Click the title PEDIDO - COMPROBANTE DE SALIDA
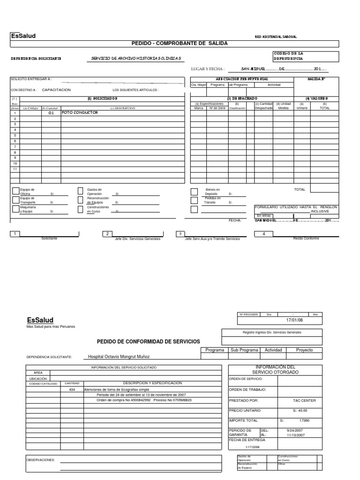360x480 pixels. click(179, 43)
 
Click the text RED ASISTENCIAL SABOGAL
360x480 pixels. click(276, 37)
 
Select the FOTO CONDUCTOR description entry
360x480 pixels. click(80, 112)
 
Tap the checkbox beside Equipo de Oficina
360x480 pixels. click(16, 191)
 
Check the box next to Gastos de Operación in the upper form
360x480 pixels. click(80, 191)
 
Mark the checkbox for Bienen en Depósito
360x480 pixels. click(194, 191)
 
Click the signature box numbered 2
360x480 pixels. click(107, 233)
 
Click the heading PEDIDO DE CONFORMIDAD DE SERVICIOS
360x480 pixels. click(148, 341)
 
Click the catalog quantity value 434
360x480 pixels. click(72, 390)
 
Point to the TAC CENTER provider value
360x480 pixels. click(305, 401)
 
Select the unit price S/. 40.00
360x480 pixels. click(302, 411)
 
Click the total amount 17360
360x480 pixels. click(305, 420)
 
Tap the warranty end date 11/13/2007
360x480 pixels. click(295, 435)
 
